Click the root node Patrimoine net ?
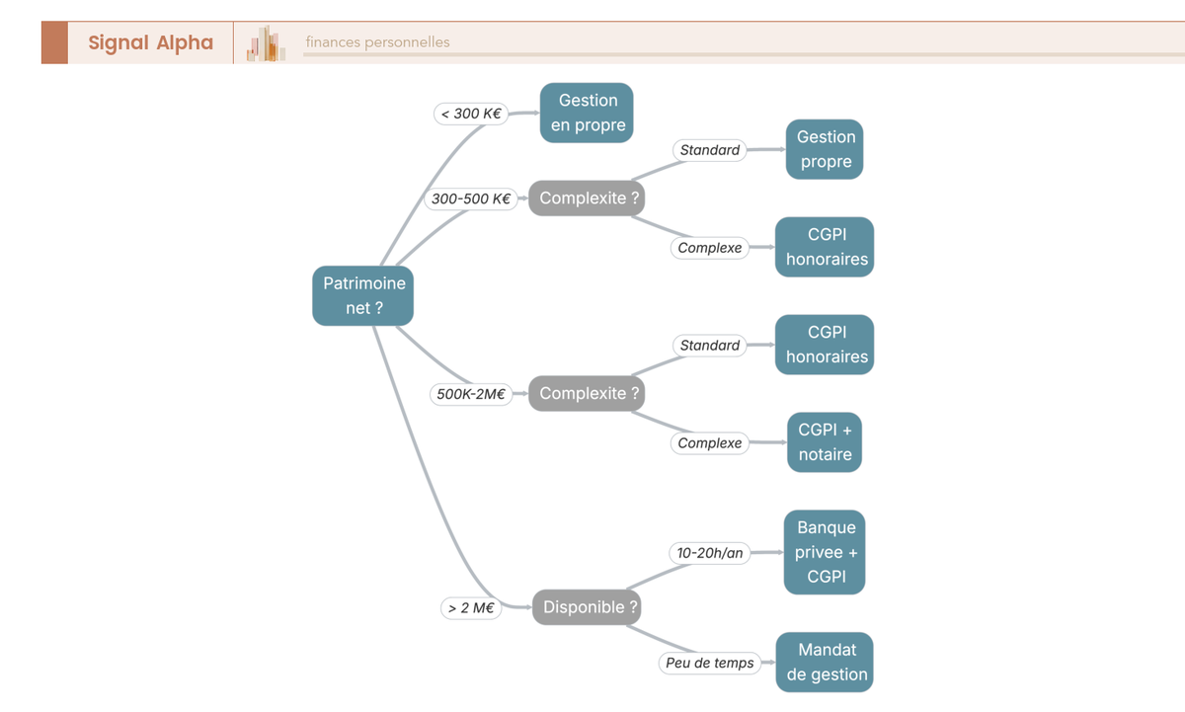click(x=363, y=295)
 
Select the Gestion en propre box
click(x=587, y=113)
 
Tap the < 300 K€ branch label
click(x=471, y=114)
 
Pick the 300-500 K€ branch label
click(x=471, y=198)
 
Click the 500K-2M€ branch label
click(x=471, y=394)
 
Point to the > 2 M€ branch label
click(x=471, y=607)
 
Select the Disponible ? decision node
click(x=587, y=607)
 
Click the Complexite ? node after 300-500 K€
click(x=587, y=198)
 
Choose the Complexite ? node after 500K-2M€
click(x=587, y=394)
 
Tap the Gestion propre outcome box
click(x=825, y=149)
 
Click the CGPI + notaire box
click(x=825, y=442)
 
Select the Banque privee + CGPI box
click(x=825, y=552)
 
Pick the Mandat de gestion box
click(x=825, y=663)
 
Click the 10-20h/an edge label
click(x=710, y=553)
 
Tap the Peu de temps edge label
click(x=710, y=663)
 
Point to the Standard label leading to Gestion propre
click(x=710, y=150)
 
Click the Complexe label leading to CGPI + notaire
click(x=710, y=443)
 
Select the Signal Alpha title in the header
click(x=151, y=42)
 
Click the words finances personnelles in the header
click(x=377, y=41)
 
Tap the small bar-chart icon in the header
click(x=266, y=42)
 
